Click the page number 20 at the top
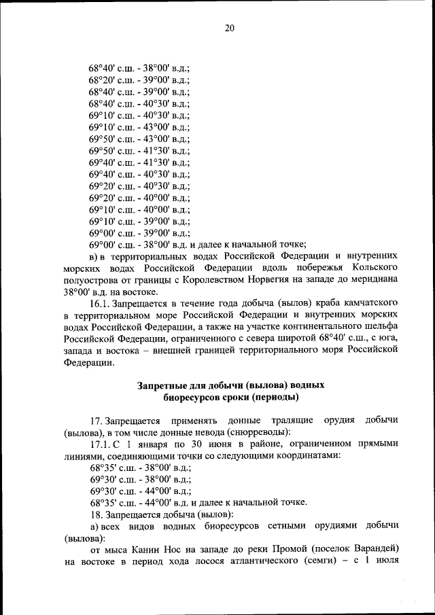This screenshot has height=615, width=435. pos(229,28)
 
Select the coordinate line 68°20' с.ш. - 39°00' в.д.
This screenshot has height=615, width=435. pos(139,80)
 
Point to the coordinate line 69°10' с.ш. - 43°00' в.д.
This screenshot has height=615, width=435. pos(139,127)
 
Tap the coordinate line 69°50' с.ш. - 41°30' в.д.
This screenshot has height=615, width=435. pos(139,150)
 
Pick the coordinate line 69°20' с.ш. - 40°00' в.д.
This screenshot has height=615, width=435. pos(139,197)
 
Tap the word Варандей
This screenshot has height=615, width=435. pos(370,549)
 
